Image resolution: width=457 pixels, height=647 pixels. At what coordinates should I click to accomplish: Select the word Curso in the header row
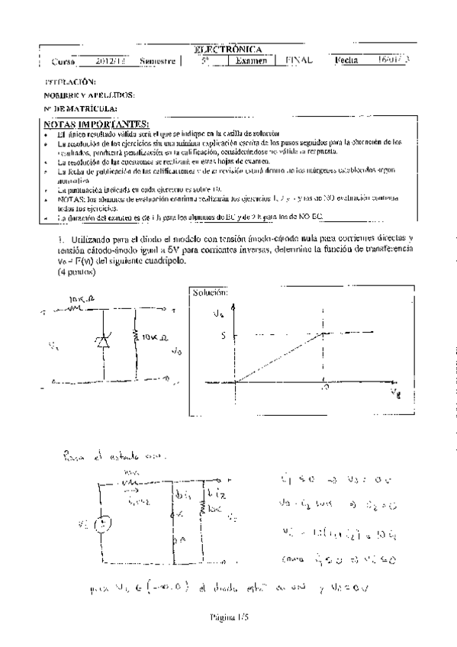click(63, 62)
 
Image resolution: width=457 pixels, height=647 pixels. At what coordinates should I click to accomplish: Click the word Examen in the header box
click(251, 61)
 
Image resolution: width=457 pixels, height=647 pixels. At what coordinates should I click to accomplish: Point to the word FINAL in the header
click(300, 60)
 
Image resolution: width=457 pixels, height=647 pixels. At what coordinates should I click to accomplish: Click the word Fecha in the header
click(348, 60)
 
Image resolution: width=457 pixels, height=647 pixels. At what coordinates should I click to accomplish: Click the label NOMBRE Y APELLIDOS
click(90, 95)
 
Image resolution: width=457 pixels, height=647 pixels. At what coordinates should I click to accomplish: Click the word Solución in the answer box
click(210, 292)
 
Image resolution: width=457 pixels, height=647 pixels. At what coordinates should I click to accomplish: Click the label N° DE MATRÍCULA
click(80, 110)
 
